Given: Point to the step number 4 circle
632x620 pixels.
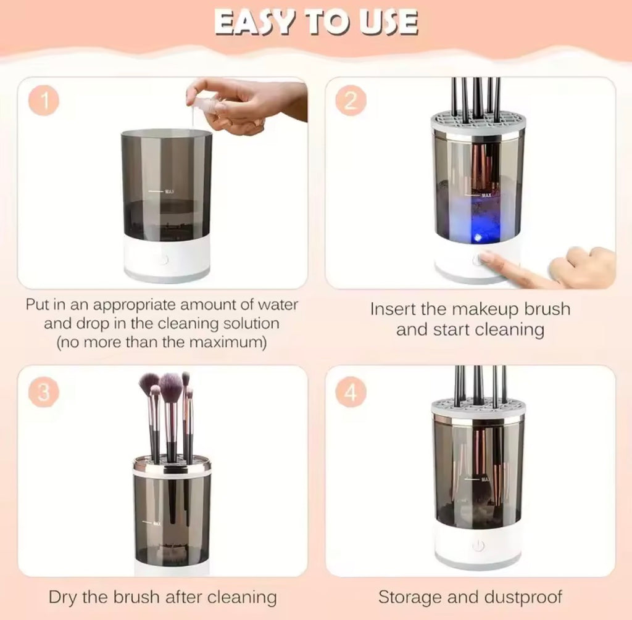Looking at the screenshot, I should pyautogui.click(x=351, y=392).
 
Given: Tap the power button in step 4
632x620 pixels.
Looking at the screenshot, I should pyautogui.click(x=478, y=546).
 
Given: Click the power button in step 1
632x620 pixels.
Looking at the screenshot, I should pyautogui.click(x=162, y=259).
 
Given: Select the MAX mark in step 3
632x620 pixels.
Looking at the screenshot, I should pyautogui.click(x=156, y=523).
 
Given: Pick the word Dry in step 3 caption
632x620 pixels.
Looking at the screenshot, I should pyautogui.click(x=63, y=597).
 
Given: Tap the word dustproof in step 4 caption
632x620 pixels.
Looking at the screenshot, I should pyautogui.click(x=525, y=597).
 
